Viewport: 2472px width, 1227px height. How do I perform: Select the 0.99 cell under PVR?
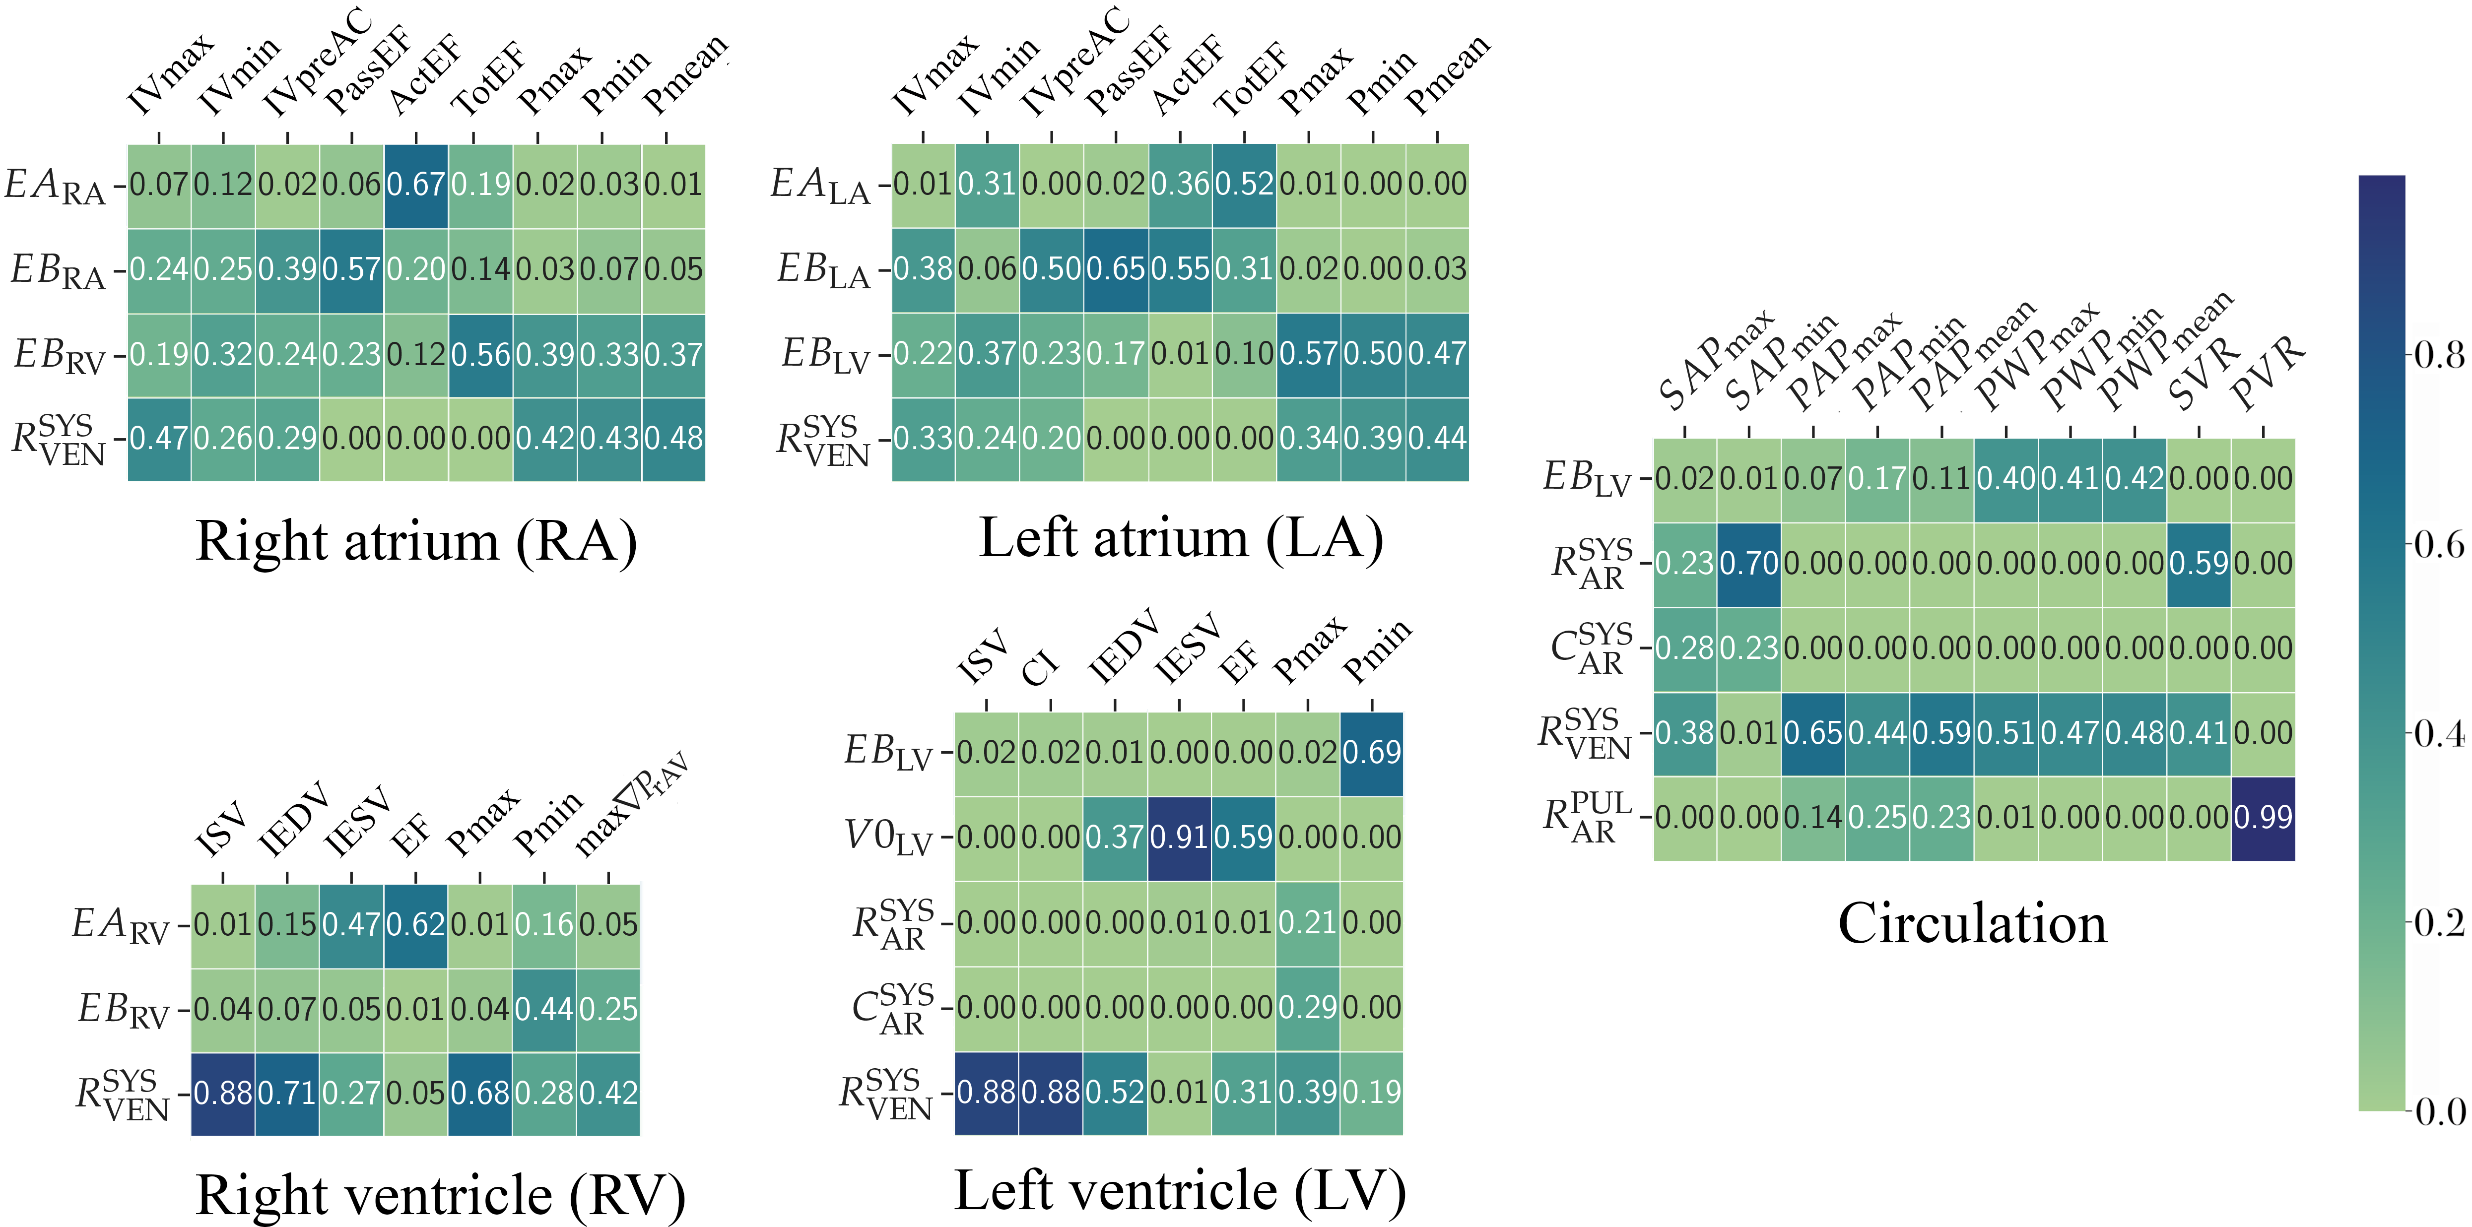pyautogui.click(x=2263, y=818)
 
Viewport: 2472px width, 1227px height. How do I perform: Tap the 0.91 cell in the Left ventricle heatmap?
pyautogui.click(x=1179, y=838)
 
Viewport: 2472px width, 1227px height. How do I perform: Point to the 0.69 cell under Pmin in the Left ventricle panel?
pyautogui.click(x=1371, y=753)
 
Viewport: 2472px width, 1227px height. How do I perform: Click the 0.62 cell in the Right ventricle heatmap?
pyautogui.click(x=415, y=925)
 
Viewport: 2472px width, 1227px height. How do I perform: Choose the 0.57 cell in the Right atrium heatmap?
pyautogui.click(x=351, y=269)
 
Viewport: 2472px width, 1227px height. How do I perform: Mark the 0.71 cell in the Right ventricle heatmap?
pyautogui.click(x=287, y=1094)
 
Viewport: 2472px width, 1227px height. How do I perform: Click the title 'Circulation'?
pyautogui.click(x=1972, y=924)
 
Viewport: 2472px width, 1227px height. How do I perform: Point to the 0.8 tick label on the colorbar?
pyautogui.click(x=2437, y=356)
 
